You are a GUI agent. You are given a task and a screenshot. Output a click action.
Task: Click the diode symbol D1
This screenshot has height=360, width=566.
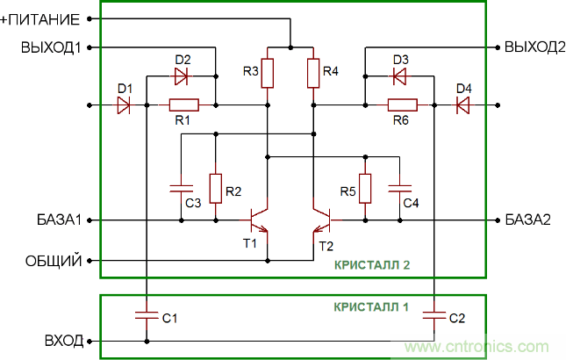coord(123,105)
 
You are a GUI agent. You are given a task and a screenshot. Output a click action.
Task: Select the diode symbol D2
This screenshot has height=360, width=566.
coord(182,76)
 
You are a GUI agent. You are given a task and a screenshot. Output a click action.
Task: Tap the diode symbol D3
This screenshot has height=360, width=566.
coord(400,76)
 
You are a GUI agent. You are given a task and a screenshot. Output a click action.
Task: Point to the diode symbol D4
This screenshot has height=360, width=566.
coord(462,105)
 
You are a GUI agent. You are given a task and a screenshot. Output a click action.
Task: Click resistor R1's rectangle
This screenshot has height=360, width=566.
coord(183,105)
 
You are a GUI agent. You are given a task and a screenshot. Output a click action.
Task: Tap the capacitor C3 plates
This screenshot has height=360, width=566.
coord(180,188)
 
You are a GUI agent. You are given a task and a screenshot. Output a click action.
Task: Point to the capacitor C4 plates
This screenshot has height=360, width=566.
coord(400,188)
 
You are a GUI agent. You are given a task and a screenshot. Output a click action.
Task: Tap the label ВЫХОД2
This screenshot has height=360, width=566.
coord(534,47)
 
